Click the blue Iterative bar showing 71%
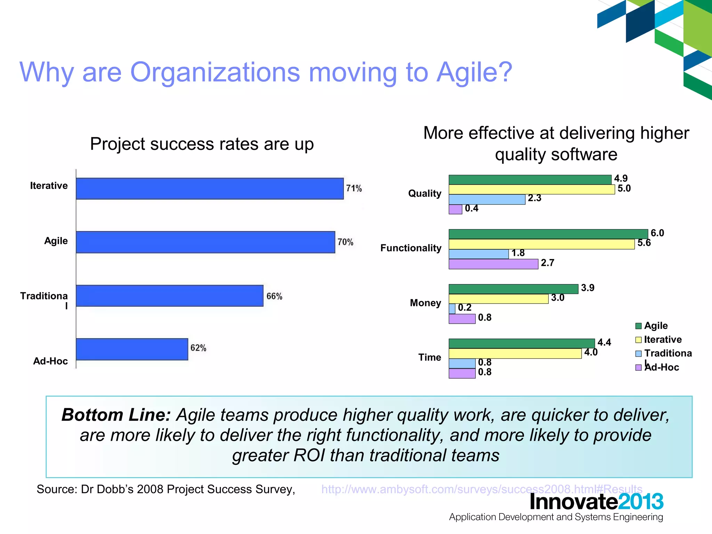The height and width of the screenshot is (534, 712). tap(210, 188)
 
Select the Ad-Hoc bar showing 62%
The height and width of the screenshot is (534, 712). tap(132, 349)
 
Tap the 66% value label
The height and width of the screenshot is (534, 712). tap(274, 296)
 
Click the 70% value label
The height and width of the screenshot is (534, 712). tap(345, 242)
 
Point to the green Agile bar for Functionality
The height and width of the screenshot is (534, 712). tap(548, 234)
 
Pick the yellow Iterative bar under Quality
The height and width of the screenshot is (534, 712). tap(532, 189)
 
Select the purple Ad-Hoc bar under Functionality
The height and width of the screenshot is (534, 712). tap(493, 264)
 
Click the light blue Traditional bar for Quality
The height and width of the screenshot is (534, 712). tap(487, 200)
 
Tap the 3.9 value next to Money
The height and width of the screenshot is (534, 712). tap(588, 288)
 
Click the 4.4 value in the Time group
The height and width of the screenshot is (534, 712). tap(604, 342)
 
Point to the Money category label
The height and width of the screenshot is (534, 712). tap(425, 303)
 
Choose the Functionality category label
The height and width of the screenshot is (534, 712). tap(411, 248)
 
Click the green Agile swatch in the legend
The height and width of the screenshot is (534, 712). tap(638, 326)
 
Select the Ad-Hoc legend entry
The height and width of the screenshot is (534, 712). tap(661, 367)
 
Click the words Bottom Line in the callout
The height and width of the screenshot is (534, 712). tap(116, 415)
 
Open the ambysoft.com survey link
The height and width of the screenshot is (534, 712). tap(482, 489)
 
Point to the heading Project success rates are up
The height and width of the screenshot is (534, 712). tap(202, 144)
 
